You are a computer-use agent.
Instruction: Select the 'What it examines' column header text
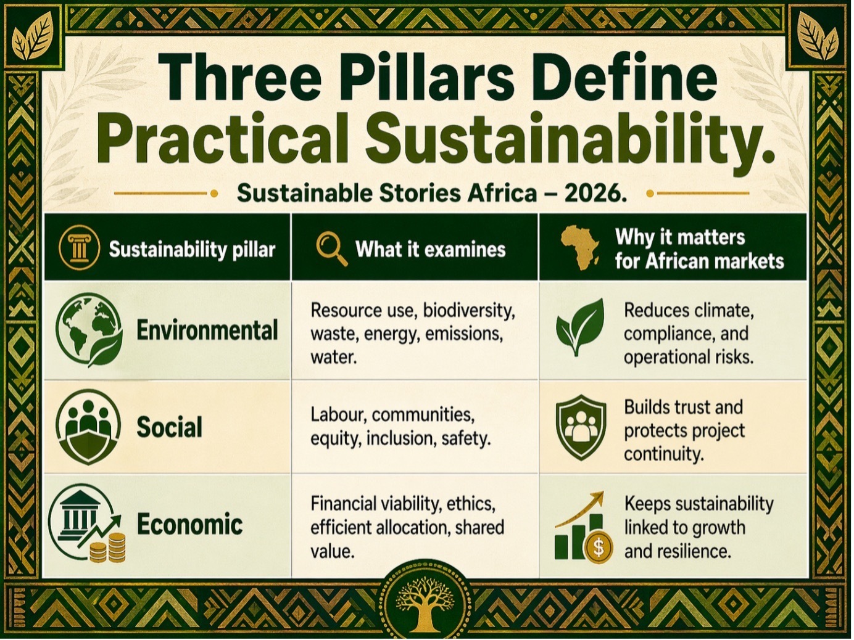(x=431, y=249)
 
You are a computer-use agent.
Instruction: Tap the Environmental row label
(x=207, y=330)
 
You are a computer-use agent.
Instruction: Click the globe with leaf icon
(x=89, y=330)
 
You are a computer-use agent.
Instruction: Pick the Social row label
(x=169, y=427)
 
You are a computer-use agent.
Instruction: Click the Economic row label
(x=189, y=524)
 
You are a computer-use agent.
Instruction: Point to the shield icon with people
(x=581, y=427)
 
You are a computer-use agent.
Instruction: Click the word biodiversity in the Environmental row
(x=469, y=311)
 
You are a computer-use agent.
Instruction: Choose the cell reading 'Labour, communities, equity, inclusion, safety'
(x=400, y=427)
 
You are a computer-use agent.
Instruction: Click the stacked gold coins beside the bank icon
(x=108, y=548)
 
